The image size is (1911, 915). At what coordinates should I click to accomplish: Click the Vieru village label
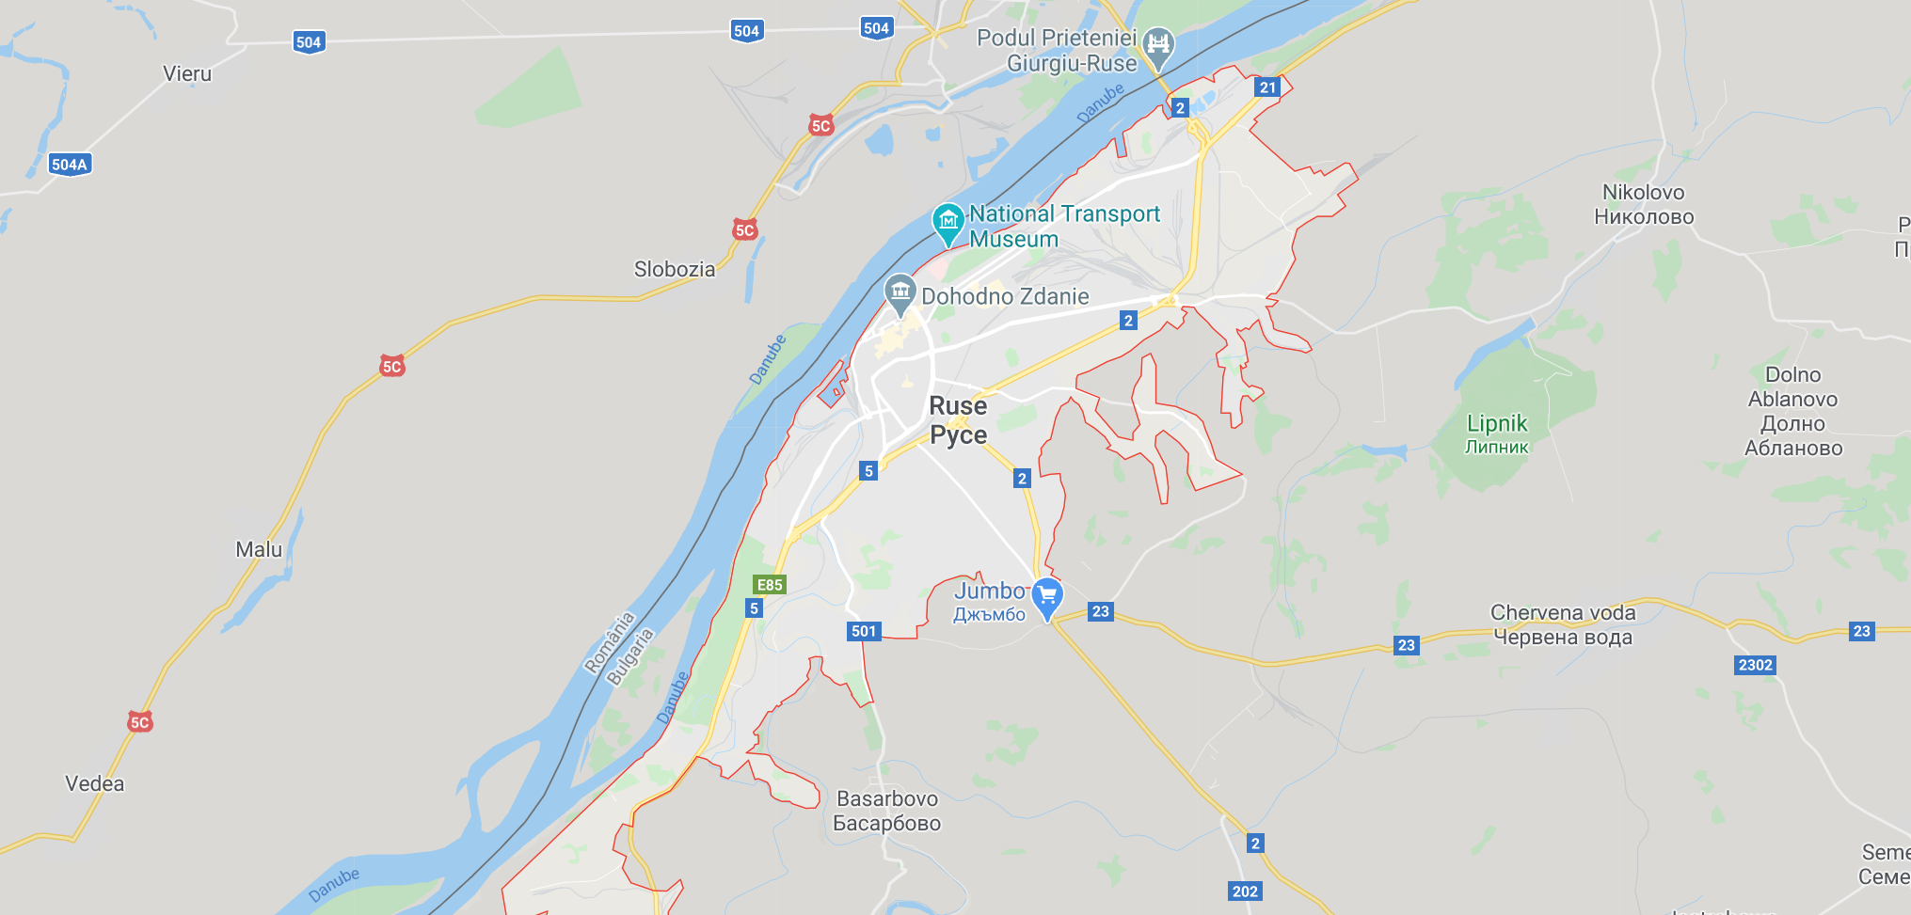187,73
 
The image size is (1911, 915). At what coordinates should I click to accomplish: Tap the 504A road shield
70,165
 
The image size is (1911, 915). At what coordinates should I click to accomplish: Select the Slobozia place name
674,269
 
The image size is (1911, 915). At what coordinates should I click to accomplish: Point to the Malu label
259,549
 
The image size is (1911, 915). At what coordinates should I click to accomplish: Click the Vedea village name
94,783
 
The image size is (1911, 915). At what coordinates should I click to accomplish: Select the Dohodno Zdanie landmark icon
900,292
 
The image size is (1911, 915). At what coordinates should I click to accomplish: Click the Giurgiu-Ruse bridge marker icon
1158,46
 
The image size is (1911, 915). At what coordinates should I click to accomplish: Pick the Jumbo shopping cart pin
1046,596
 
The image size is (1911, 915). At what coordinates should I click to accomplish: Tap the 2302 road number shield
1755,665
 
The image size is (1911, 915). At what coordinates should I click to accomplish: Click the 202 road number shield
1245,891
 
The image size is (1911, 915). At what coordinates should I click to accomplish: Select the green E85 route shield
770,585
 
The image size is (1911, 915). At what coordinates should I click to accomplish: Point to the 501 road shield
864,631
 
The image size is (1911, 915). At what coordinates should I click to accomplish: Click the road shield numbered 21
1267,87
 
